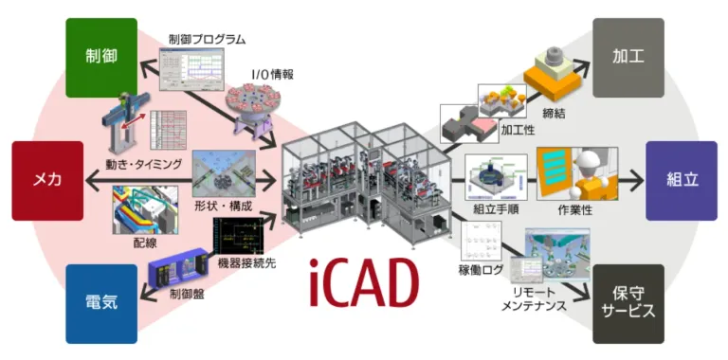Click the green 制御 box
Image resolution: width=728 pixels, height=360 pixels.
pos(101,57)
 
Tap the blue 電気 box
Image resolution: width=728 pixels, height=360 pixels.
pos(101,303)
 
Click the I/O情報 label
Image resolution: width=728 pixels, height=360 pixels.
pos(271,73)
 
